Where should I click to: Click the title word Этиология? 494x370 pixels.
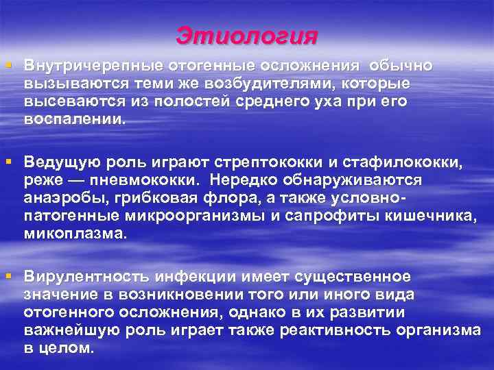coord(247,35)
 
